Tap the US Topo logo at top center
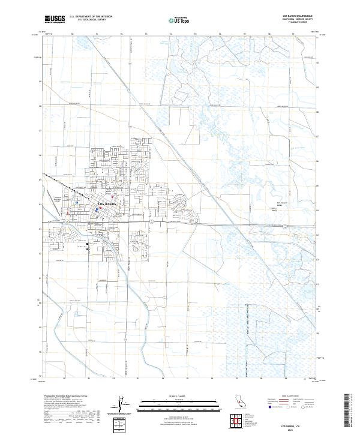coord(180,20)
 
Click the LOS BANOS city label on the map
coord(109,205)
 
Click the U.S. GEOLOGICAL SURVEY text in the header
coord(89,19)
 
